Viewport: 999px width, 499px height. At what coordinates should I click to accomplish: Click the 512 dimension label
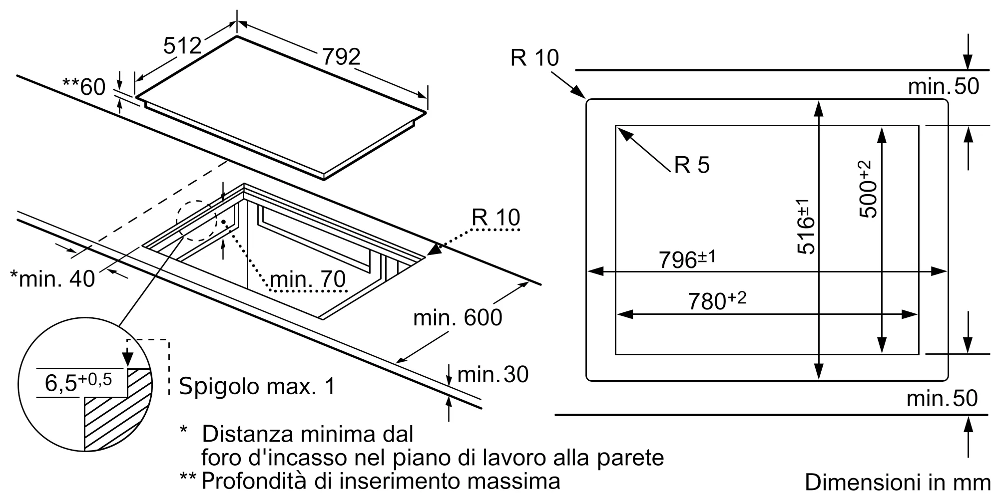tap(182, 46)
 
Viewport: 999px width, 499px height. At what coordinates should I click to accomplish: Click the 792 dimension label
tap(341, 57)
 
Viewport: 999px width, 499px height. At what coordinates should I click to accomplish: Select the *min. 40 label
tap(52, 279)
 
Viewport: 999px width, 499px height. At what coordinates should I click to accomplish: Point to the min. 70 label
tap(307, 279)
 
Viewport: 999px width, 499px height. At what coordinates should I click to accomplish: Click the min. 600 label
tap(457, 318)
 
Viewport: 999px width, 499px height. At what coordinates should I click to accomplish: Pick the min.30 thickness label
tap(493, 375)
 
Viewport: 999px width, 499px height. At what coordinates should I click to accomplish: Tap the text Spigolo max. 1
tap(257, 386)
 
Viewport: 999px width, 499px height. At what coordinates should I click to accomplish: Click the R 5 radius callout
tap(691, 165)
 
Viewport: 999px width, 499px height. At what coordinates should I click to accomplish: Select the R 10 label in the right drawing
tap(534, 58)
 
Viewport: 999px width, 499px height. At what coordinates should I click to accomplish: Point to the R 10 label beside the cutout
tap(496, 218)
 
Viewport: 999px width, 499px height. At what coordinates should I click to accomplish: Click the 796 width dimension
tap(687, 259)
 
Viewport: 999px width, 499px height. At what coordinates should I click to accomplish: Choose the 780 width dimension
tap(716, 301)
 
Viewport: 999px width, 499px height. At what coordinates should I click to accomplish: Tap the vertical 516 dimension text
tap(805, 226)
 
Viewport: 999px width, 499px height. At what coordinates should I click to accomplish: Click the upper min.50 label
tap(943, 86)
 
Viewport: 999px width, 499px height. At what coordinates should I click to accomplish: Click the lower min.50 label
tap(942, 398)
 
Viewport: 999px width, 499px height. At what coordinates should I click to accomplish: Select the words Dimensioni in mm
tap(897, 483)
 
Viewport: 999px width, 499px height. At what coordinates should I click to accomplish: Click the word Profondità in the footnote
tap(255, 481)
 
